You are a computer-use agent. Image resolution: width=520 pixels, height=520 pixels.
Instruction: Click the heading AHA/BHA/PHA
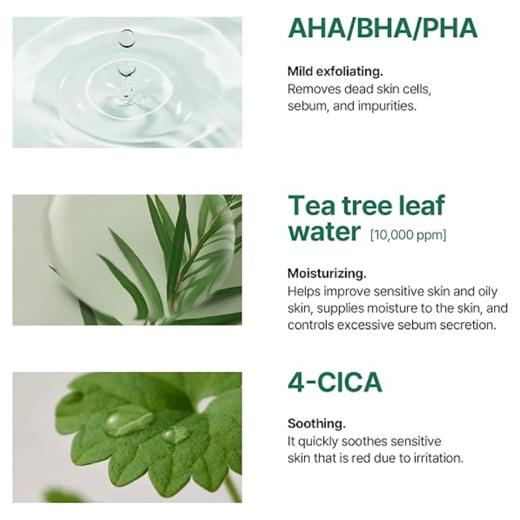(383, 29)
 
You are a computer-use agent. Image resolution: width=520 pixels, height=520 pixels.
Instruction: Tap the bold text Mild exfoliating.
(335, 71)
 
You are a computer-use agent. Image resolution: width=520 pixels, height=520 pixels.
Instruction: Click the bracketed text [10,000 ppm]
(408, 235)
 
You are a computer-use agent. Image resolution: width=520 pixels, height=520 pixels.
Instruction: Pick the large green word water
(324, 231)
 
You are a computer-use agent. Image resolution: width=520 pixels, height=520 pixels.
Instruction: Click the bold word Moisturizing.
(327, 274)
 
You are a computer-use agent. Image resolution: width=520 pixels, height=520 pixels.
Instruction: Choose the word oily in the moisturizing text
(488, 292)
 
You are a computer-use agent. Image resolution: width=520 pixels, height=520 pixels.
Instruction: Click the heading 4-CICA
(335, 382)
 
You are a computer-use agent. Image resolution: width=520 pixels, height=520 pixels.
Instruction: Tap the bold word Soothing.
(317, 423)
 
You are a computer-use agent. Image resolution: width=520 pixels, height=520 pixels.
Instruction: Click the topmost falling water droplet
(127, 38)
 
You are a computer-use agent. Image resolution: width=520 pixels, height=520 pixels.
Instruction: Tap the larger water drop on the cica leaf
(128, 424)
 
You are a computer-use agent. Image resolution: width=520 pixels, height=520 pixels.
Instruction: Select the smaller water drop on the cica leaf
(175, 435)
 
